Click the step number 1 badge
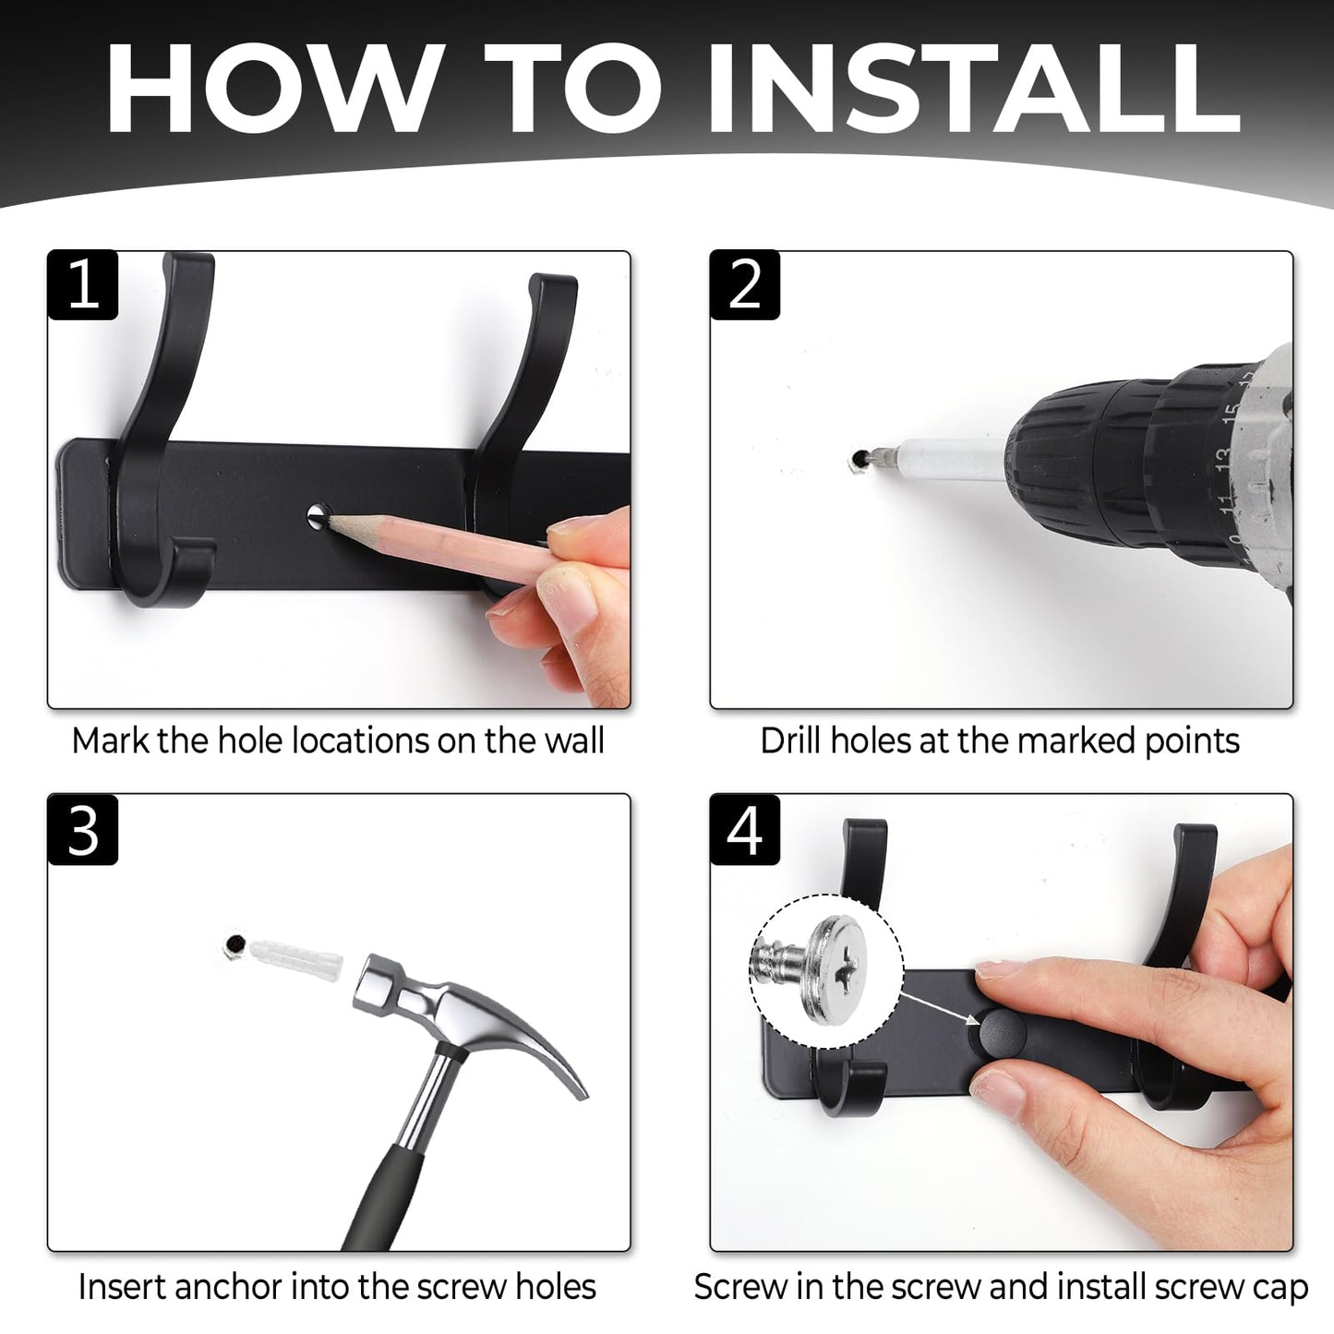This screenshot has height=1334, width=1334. click(83, 285)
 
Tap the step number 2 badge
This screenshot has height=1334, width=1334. click(746, 285)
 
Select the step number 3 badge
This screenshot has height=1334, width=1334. click(83, 830)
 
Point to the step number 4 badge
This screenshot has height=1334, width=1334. click(746, 830)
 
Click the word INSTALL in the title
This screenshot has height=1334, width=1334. click(972, 89)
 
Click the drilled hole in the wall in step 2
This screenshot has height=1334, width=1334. click(859, 458)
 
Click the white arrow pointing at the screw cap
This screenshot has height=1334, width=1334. click(939, 1006)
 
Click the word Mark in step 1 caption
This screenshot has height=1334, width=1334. click(110, 740)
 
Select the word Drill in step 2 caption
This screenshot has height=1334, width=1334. click(791, 740)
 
